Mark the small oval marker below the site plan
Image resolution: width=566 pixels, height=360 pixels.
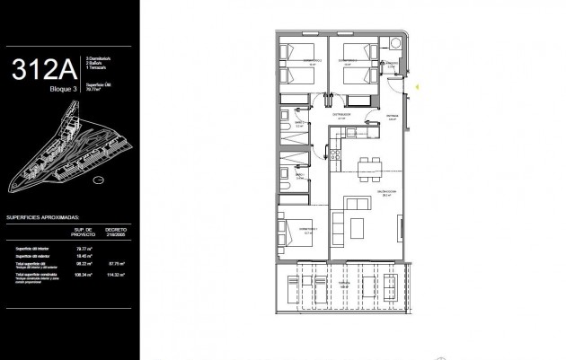pyautogui.click(x=99, y=180)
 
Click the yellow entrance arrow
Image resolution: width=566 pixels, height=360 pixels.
pyautogui.click(x=418, y=86)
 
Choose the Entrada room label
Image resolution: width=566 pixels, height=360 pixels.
pyautogui.click(x=392, y=117)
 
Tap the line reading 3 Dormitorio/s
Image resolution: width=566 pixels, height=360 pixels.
pyautogui.click(x=97, y=61)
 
